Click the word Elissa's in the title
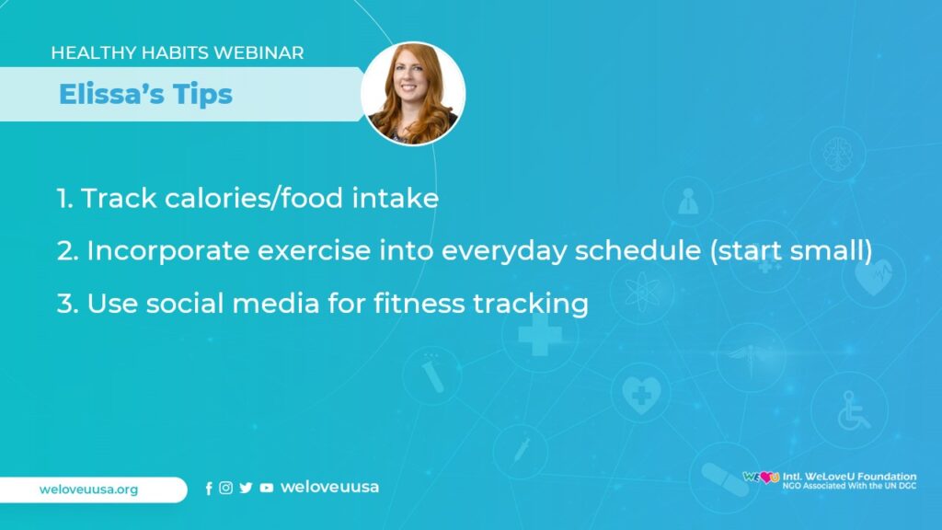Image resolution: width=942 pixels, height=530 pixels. pos(110,94)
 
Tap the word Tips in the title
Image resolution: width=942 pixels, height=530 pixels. pos(202,96)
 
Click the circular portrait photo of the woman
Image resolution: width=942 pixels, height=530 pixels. pos(413,93)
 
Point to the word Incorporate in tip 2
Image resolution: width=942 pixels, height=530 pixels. pos(168,251)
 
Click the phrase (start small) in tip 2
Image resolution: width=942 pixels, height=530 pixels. pos(790,250)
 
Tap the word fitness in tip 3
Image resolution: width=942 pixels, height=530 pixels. pos(419,302)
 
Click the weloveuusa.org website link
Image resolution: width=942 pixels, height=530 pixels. pos(89,490)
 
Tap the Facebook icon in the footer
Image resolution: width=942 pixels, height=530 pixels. pos(209,489)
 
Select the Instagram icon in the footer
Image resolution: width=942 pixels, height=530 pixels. pos(226,488)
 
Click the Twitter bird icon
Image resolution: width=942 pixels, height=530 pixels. pos(246,488)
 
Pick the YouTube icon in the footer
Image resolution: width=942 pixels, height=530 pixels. pos(266,488)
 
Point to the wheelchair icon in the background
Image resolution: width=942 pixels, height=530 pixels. pos(853,411)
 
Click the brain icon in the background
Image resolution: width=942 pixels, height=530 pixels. pos(837,153)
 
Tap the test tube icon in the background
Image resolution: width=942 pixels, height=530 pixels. pos(432,374)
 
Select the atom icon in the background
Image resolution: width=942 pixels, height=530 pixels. pos(642,292)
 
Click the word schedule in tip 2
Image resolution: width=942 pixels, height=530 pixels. pos(638,250)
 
